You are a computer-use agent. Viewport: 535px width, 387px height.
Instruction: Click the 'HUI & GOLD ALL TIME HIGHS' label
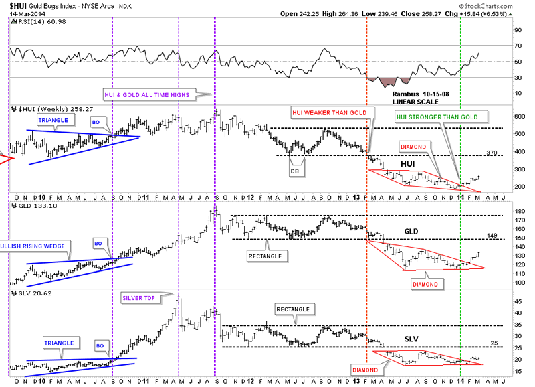146,95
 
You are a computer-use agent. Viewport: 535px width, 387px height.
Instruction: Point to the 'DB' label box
294,171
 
